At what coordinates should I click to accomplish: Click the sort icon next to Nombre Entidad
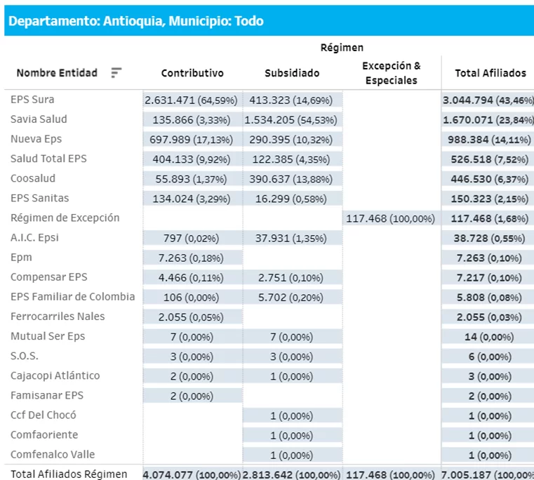[x=116, y=73]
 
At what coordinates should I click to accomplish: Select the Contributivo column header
[x=192, y=73]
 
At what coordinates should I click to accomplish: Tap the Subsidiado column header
[x=292, y=73]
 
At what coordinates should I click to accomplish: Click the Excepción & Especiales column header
[x=391, y=73]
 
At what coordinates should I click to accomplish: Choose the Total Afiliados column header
[x=490, y=73]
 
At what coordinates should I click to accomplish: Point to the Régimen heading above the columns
[x=342, y=48]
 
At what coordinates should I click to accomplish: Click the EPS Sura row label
[x=32, y=100]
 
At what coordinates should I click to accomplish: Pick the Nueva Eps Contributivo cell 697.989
[x=192, y=140]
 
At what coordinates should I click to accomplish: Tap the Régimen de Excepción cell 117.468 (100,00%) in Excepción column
[x=391, y=218]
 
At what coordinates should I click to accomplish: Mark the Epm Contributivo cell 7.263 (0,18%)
[x=192, y=258]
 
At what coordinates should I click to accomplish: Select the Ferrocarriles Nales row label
[x=58, y=316]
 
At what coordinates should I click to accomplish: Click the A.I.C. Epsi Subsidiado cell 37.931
[x=292, y=238]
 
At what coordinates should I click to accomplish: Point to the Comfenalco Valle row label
[x=53, y=454]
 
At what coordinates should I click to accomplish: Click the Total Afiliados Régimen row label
[x=69, y=474]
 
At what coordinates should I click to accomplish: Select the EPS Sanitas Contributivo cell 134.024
[x=192, y=199]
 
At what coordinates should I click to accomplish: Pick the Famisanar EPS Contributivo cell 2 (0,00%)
[x=192, y=396]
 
